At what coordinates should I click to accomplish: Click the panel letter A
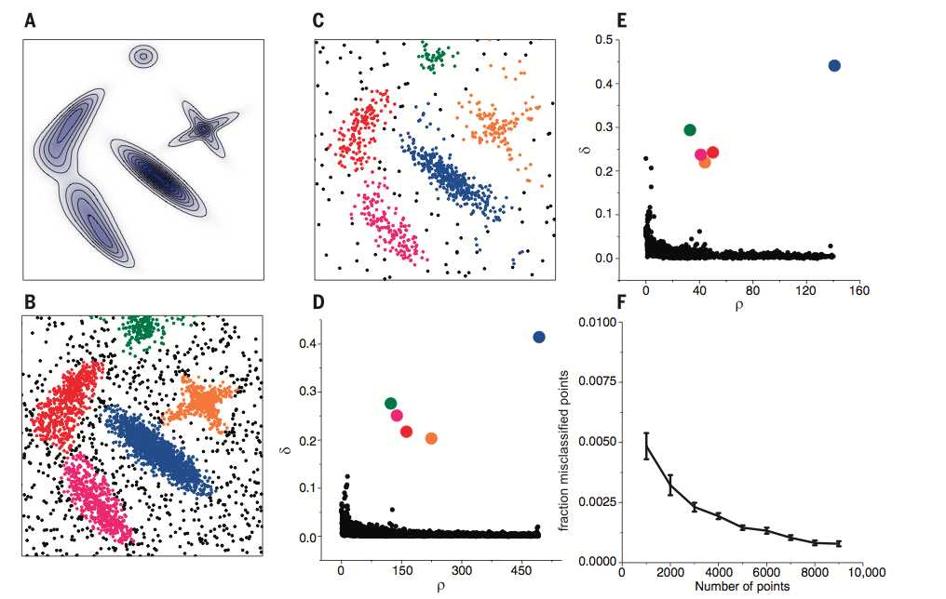pos(30,19)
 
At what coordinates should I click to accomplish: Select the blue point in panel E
pos(834,65)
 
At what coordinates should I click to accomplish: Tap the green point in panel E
pos(690,130)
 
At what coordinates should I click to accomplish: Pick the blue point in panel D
pos(539,337)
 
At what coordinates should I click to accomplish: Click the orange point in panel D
pos(431,438)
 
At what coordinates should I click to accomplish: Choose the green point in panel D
pos(391,403)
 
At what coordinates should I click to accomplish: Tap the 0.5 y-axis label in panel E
pos(615,40)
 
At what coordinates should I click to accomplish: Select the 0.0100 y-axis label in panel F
pos(600,322)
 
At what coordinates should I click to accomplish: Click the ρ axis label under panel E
pos(739,304)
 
